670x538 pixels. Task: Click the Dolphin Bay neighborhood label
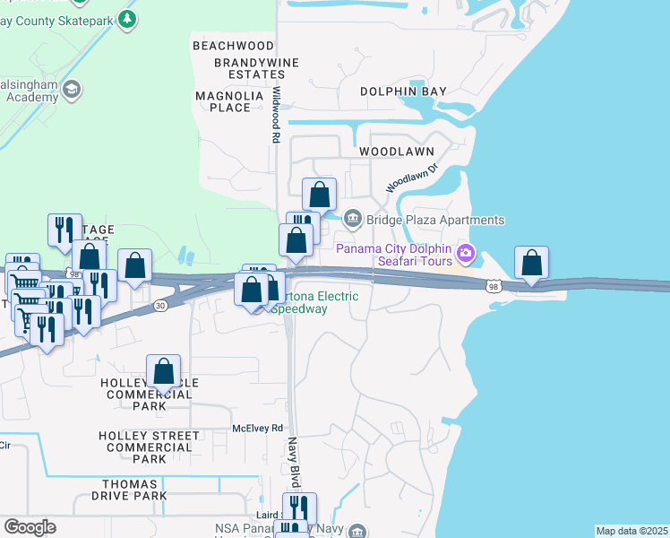[x=403, y=91]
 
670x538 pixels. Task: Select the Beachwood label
[x=232, y=46]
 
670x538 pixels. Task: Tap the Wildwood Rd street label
[x=276, y=115]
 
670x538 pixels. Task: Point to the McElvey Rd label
[x=258, y=429]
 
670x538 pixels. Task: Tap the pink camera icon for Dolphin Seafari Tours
[x=465, y=254]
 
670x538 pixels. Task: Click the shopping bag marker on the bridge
[x=532, y=264]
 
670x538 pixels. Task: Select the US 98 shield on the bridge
[x=494, y=286]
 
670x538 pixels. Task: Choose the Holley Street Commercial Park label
[x=147, y=447]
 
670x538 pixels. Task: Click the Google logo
[x=30, y=527]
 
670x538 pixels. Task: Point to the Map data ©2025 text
[x=631, y=531]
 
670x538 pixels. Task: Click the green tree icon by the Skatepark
[x=127, y=18]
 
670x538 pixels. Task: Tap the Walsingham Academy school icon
[x=70, y=89]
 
